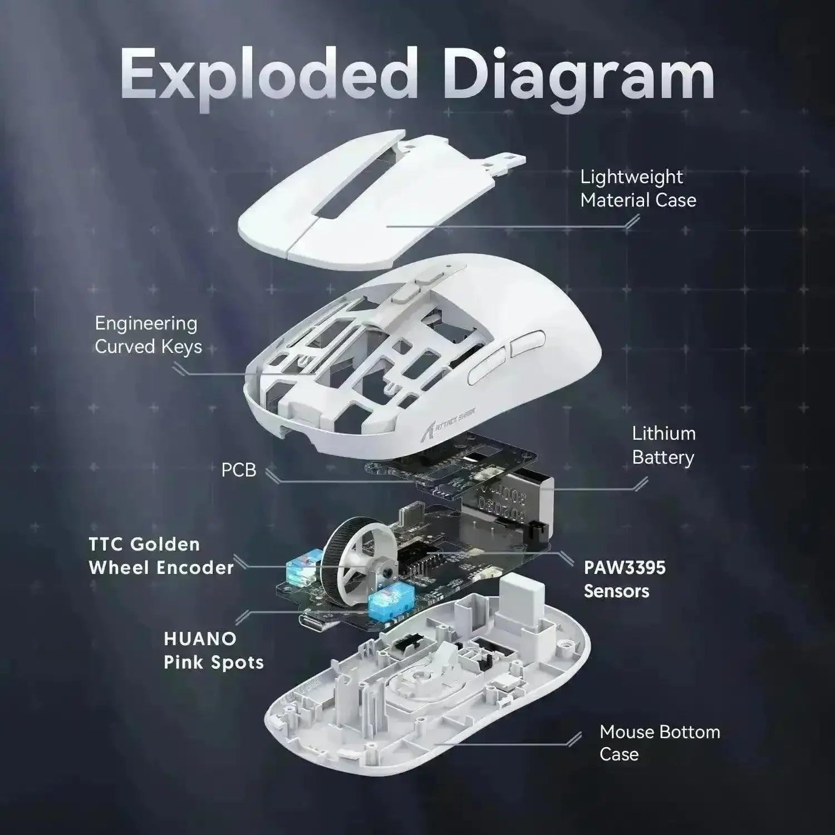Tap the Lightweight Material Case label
(638, 188)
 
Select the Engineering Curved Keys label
(148, 335)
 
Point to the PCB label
(239, 470)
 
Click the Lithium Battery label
(664, 445)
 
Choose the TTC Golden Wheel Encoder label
(161, 556)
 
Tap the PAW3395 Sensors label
(624, 579)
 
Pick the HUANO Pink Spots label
(214, 650)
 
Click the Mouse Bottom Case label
(660, 743)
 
